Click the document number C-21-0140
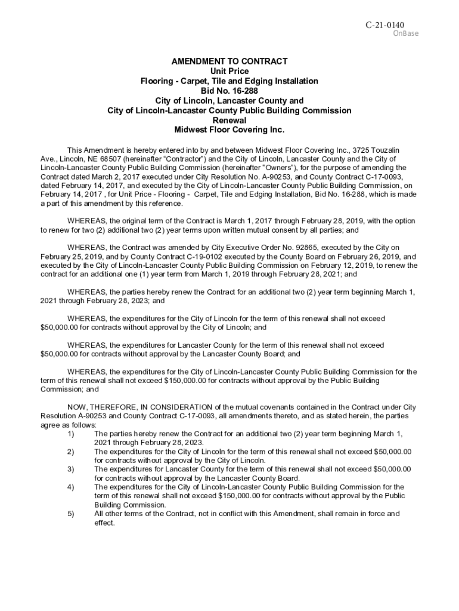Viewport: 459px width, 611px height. (384, 24)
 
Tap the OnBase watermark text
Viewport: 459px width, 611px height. (405, 33)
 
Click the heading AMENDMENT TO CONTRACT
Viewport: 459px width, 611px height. (229, 61)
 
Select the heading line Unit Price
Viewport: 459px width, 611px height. (229, 71)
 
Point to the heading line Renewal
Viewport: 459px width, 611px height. (229, 120)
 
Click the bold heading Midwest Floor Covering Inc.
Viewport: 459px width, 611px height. (229, 129)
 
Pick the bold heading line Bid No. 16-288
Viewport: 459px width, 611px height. (229, 91)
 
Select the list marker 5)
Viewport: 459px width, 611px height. (71, 513)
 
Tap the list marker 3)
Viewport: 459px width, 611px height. (71, 469)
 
